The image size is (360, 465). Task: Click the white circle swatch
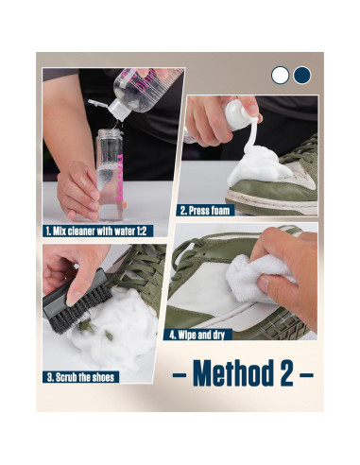point(281,75)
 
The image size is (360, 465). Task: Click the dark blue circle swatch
point(301,75)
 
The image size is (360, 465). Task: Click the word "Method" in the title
point(232,373)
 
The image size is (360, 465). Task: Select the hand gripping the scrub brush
point(71,267)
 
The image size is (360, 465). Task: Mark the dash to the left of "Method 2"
point(180,375)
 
